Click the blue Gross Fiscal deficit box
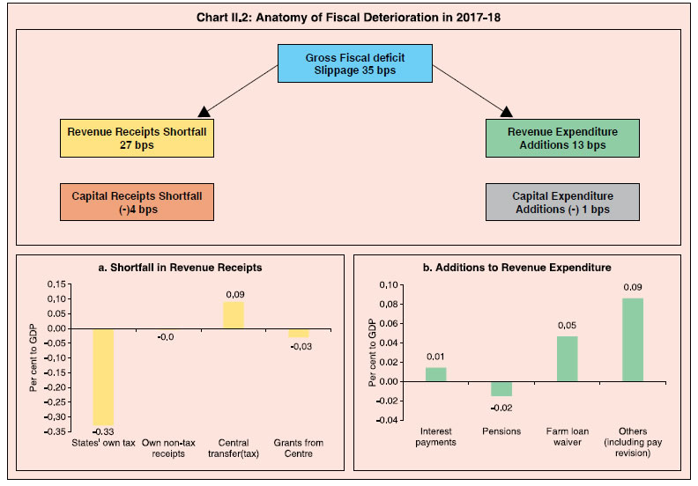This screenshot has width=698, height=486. [x=355, y=63]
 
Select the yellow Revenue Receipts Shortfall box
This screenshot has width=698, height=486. [x=137, y=138]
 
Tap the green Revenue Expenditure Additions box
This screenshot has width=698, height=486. [x=562, y=138]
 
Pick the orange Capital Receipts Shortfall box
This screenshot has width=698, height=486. [x=137, y=202]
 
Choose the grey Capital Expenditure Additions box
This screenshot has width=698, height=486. [x=562, y=202]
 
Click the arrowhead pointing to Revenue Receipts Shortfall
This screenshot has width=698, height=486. [x=204, y=112]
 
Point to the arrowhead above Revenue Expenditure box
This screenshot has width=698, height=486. [x=506, y=112]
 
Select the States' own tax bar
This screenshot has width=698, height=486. [x=103, y=377]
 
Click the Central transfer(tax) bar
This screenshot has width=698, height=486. [x=234, y=315]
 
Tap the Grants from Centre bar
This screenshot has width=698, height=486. [x=298, y=334]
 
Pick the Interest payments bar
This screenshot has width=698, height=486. [x=435, y=374]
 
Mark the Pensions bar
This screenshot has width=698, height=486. [x=501, y=389]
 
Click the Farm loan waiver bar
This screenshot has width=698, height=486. [x=568, y=359]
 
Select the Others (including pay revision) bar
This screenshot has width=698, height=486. [x=633, y=340]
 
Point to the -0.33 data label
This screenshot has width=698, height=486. [x=103, y=431]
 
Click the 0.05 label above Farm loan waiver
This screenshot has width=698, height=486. [x=568, y=326]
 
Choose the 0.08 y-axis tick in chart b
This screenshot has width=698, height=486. [x=389, y=304]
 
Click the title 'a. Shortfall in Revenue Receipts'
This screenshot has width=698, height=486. [x=180, y=268]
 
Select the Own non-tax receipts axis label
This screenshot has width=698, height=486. [x=168, y=448]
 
